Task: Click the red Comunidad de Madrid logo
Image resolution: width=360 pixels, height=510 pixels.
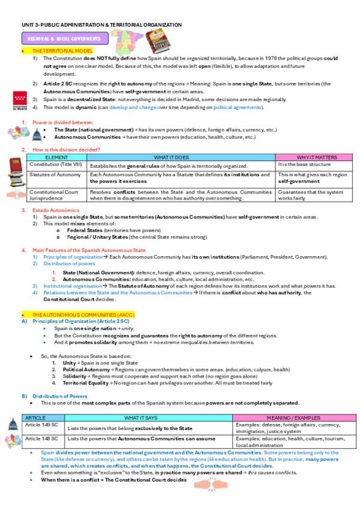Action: pyautogui.click(x=19, y=101)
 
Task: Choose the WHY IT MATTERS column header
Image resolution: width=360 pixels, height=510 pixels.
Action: pyautogui.click(x=314, y=157)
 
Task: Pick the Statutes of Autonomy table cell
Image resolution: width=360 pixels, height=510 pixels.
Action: pyautogui.click(x=55, y=174)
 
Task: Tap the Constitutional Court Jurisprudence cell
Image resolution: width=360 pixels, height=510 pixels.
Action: pyautogui.click(x=54, y=194)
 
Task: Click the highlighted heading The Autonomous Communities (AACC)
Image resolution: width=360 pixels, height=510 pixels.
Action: pyautogui.click(x=84, y=315)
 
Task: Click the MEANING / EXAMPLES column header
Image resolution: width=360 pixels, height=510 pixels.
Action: pyautogui.click(x=292, y=417)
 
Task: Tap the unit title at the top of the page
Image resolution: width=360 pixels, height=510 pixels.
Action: pyautogui.click(x=102, y=25)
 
